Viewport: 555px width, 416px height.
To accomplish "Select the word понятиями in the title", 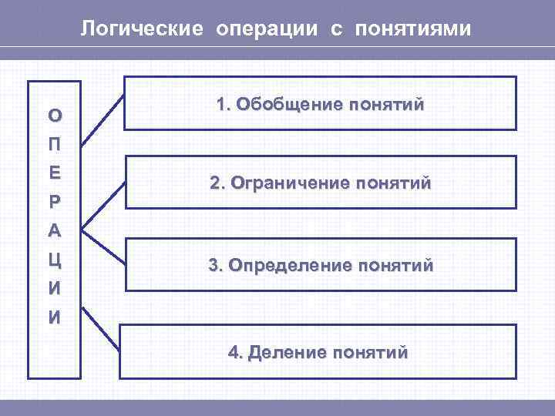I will (x=412, y=30).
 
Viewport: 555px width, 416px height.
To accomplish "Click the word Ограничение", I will (x=288, y=185).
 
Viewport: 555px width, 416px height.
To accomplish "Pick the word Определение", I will (x=290, y=266).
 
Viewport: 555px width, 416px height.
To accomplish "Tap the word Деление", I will (x=285, y=353).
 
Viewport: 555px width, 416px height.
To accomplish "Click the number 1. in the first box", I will (x=224, y=105).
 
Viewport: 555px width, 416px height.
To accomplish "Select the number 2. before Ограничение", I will (x=217, y=185).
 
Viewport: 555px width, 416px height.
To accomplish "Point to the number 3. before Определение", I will (x=215, y=266).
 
